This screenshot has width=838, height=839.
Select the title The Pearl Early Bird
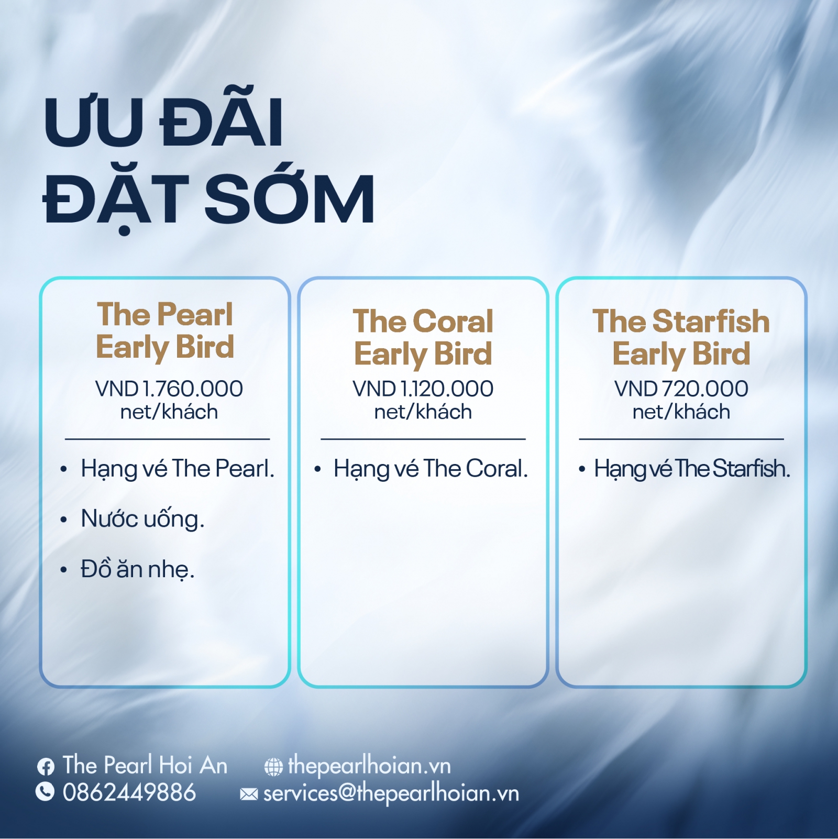165,331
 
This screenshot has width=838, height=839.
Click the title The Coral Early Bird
423,338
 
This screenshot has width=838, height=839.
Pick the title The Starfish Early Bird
681,338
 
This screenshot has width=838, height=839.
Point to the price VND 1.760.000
169,389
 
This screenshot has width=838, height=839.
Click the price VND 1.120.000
423,389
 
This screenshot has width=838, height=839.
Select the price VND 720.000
681,389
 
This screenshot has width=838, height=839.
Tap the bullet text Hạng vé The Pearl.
178,469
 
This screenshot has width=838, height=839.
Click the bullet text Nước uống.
142,519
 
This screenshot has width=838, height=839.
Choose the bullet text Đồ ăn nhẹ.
137,569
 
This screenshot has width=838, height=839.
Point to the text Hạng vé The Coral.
431,469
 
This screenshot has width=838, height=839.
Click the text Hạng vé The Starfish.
692,469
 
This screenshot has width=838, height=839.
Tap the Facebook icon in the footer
46,767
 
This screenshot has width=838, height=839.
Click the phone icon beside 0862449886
45,791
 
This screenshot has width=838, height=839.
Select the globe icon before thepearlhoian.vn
273,767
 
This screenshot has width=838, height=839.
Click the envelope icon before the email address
249,795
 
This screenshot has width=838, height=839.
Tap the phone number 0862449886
129,792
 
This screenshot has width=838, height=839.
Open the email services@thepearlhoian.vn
391,793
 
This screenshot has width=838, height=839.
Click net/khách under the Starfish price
681,412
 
